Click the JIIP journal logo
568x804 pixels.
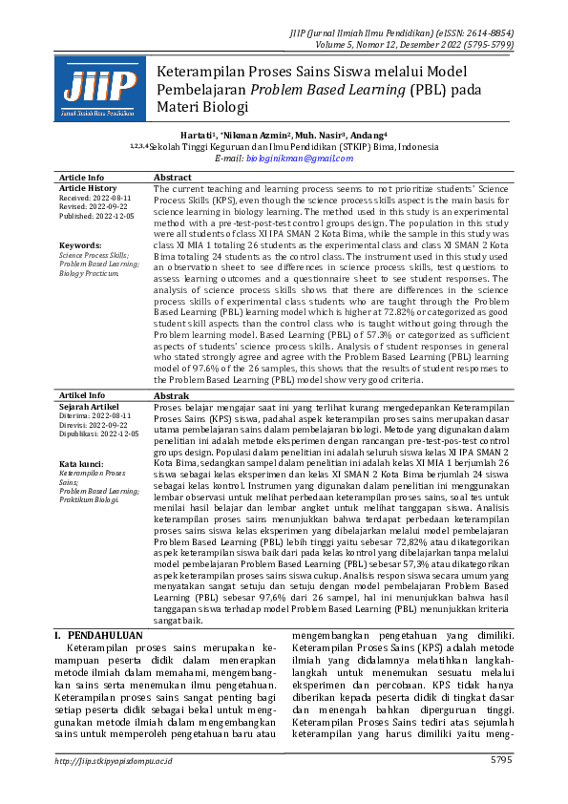point(99,88)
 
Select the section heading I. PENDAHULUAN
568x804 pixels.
point(98,634)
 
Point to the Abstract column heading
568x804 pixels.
point(173,178)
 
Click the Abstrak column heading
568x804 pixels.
point(172,395)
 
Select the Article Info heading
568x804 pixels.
point(82,178)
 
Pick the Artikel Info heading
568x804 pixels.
point(83,395)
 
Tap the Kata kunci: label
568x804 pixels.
point(80,464)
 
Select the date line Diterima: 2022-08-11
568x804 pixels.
point(94,415)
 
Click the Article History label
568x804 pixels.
point(89,188)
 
